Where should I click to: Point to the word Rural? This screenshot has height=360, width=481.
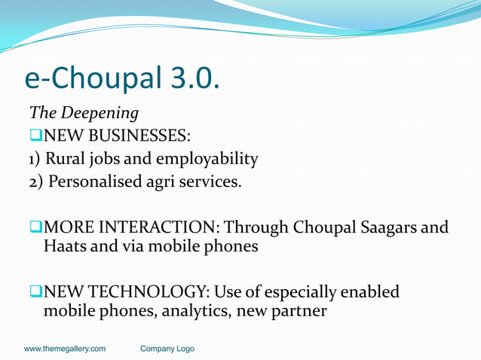[67, 159]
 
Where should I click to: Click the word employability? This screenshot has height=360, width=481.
[208, 159]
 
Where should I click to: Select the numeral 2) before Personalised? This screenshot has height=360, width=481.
[36, 182]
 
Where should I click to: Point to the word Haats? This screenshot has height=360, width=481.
[66, 246]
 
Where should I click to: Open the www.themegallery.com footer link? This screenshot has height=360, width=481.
[65, 349]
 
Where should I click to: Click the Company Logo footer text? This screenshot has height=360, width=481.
[167, 349]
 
